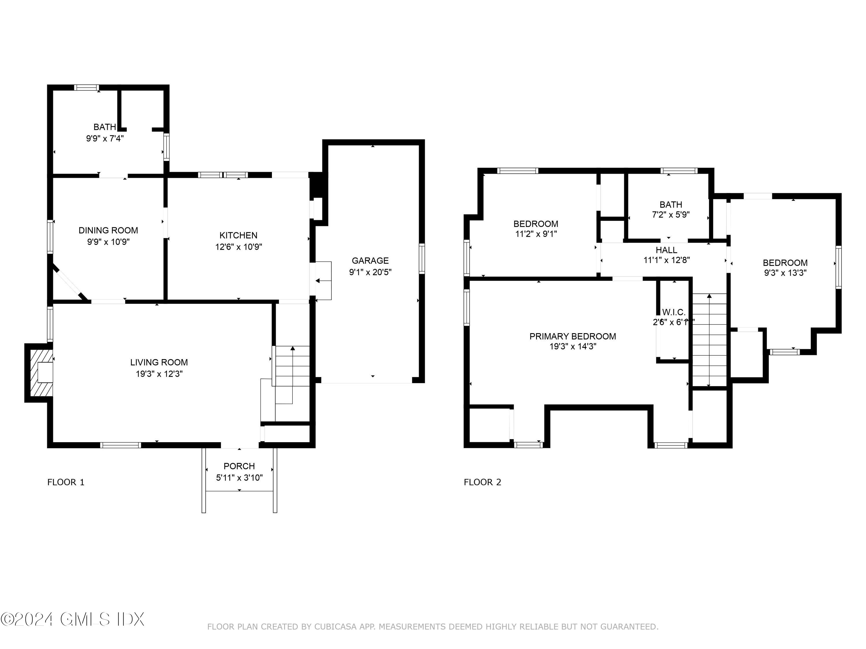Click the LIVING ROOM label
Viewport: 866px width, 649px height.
click(159, 362)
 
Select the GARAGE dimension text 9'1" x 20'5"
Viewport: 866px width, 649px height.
click(370, 272)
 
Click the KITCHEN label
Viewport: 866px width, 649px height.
click(238, 235)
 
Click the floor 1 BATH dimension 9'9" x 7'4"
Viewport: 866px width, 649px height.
click(104, 138)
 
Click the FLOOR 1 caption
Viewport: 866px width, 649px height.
click(66, 482)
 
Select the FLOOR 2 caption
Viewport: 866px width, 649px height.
click(482, 482)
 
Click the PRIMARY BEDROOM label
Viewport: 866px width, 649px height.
click(572, 336)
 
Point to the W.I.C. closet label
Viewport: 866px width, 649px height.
click(673, 312)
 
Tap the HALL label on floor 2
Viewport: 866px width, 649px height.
click(666, 250)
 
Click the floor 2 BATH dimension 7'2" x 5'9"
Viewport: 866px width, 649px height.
click(671, 214)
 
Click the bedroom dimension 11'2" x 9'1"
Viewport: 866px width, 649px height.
click(535, 234)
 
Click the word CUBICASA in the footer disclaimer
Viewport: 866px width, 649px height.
click(335, 627)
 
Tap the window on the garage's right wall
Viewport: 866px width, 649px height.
click(422, 258)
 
